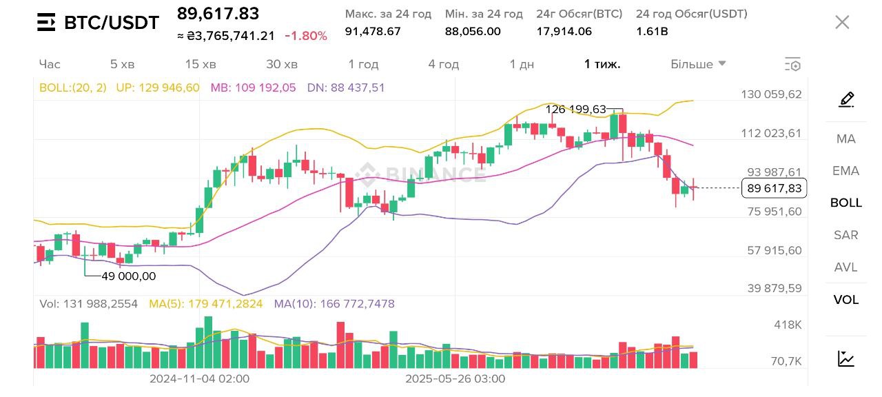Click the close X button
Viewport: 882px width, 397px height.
point(842,22)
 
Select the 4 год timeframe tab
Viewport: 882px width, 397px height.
point(443,64)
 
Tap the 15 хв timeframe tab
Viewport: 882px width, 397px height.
point(201,64)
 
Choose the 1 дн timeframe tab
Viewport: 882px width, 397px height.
point(522,64)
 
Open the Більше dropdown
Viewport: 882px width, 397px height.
point(698,64)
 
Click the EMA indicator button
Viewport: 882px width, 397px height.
point(845,171)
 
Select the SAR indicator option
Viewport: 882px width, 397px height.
point(845,235)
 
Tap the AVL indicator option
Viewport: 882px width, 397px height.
point(845,267)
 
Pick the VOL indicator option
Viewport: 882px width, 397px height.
point(845,300)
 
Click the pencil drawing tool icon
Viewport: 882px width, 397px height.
point(846,100)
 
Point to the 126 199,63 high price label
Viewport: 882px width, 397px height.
point(575,110)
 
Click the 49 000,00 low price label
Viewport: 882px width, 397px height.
point(129,276)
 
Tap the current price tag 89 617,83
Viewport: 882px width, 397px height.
point(774,188)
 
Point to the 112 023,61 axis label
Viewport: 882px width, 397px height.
point(771,134)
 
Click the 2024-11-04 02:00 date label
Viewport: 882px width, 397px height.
point(200,378)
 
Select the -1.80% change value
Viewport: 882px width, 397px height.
point(306,36)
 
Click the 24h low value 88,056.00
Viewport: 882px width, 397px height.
point(473,31)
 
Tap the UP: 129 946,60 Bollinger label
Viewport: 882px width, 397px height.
point(158,88)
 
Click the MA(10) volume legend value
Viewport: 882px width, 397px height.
point(334,304)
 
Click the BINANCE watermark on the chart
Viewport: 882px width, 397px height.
point(420,174)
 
